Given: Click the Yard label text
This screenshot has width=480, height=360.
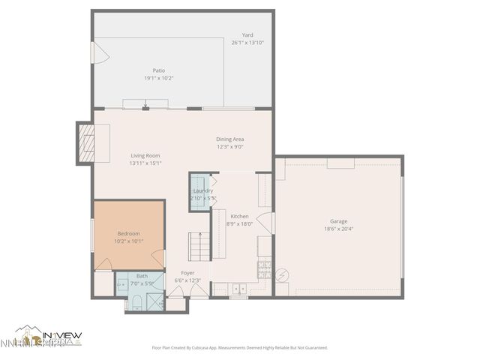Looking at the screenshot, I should pyautogui.click(x=247, y=35).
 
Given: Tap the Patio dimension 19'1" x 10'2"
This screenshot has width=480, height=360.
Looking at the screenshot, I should pyautogui.click(x=159, y=78).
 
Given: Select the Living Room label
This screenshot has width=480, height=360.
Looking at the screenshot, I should pyautogui.click(x=145, y=155).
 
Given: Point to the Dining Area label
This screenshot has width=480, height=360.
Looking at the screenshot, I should pyautogui.click(x=230, y=139).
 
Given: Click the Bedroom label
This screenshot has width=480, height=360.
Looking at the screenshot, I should pyautogui.click(x=128, y=234).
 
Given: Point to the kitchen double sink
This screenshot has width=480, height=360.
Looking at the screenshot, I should pyautogui.click(x=239, y=289).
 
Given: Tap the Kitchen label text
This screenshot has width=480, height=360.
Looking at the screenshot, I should pyautogui.click(x=239, y=216).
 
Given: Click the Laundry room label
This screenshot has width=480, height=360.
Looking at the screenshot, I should pyautogui.click(x=202, y=190).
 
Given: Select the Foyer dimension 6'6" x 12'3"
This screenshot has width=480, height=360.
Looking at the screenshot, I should pyautogui.click(x=188, y=280).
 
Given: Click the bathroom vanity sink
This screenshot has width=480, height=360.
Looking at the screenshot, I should pyautogui.click(x=122, y=284).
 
